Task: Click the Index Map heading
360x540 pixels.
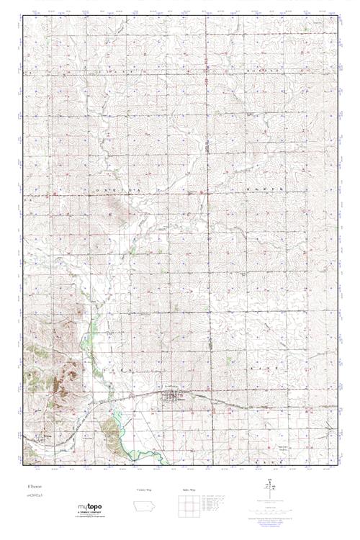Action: click(189, 490)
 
